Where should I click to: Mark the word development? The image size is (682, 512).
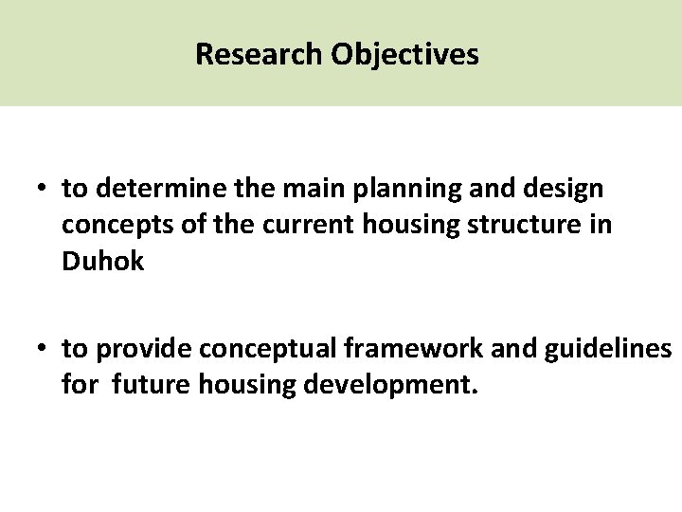416,387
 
